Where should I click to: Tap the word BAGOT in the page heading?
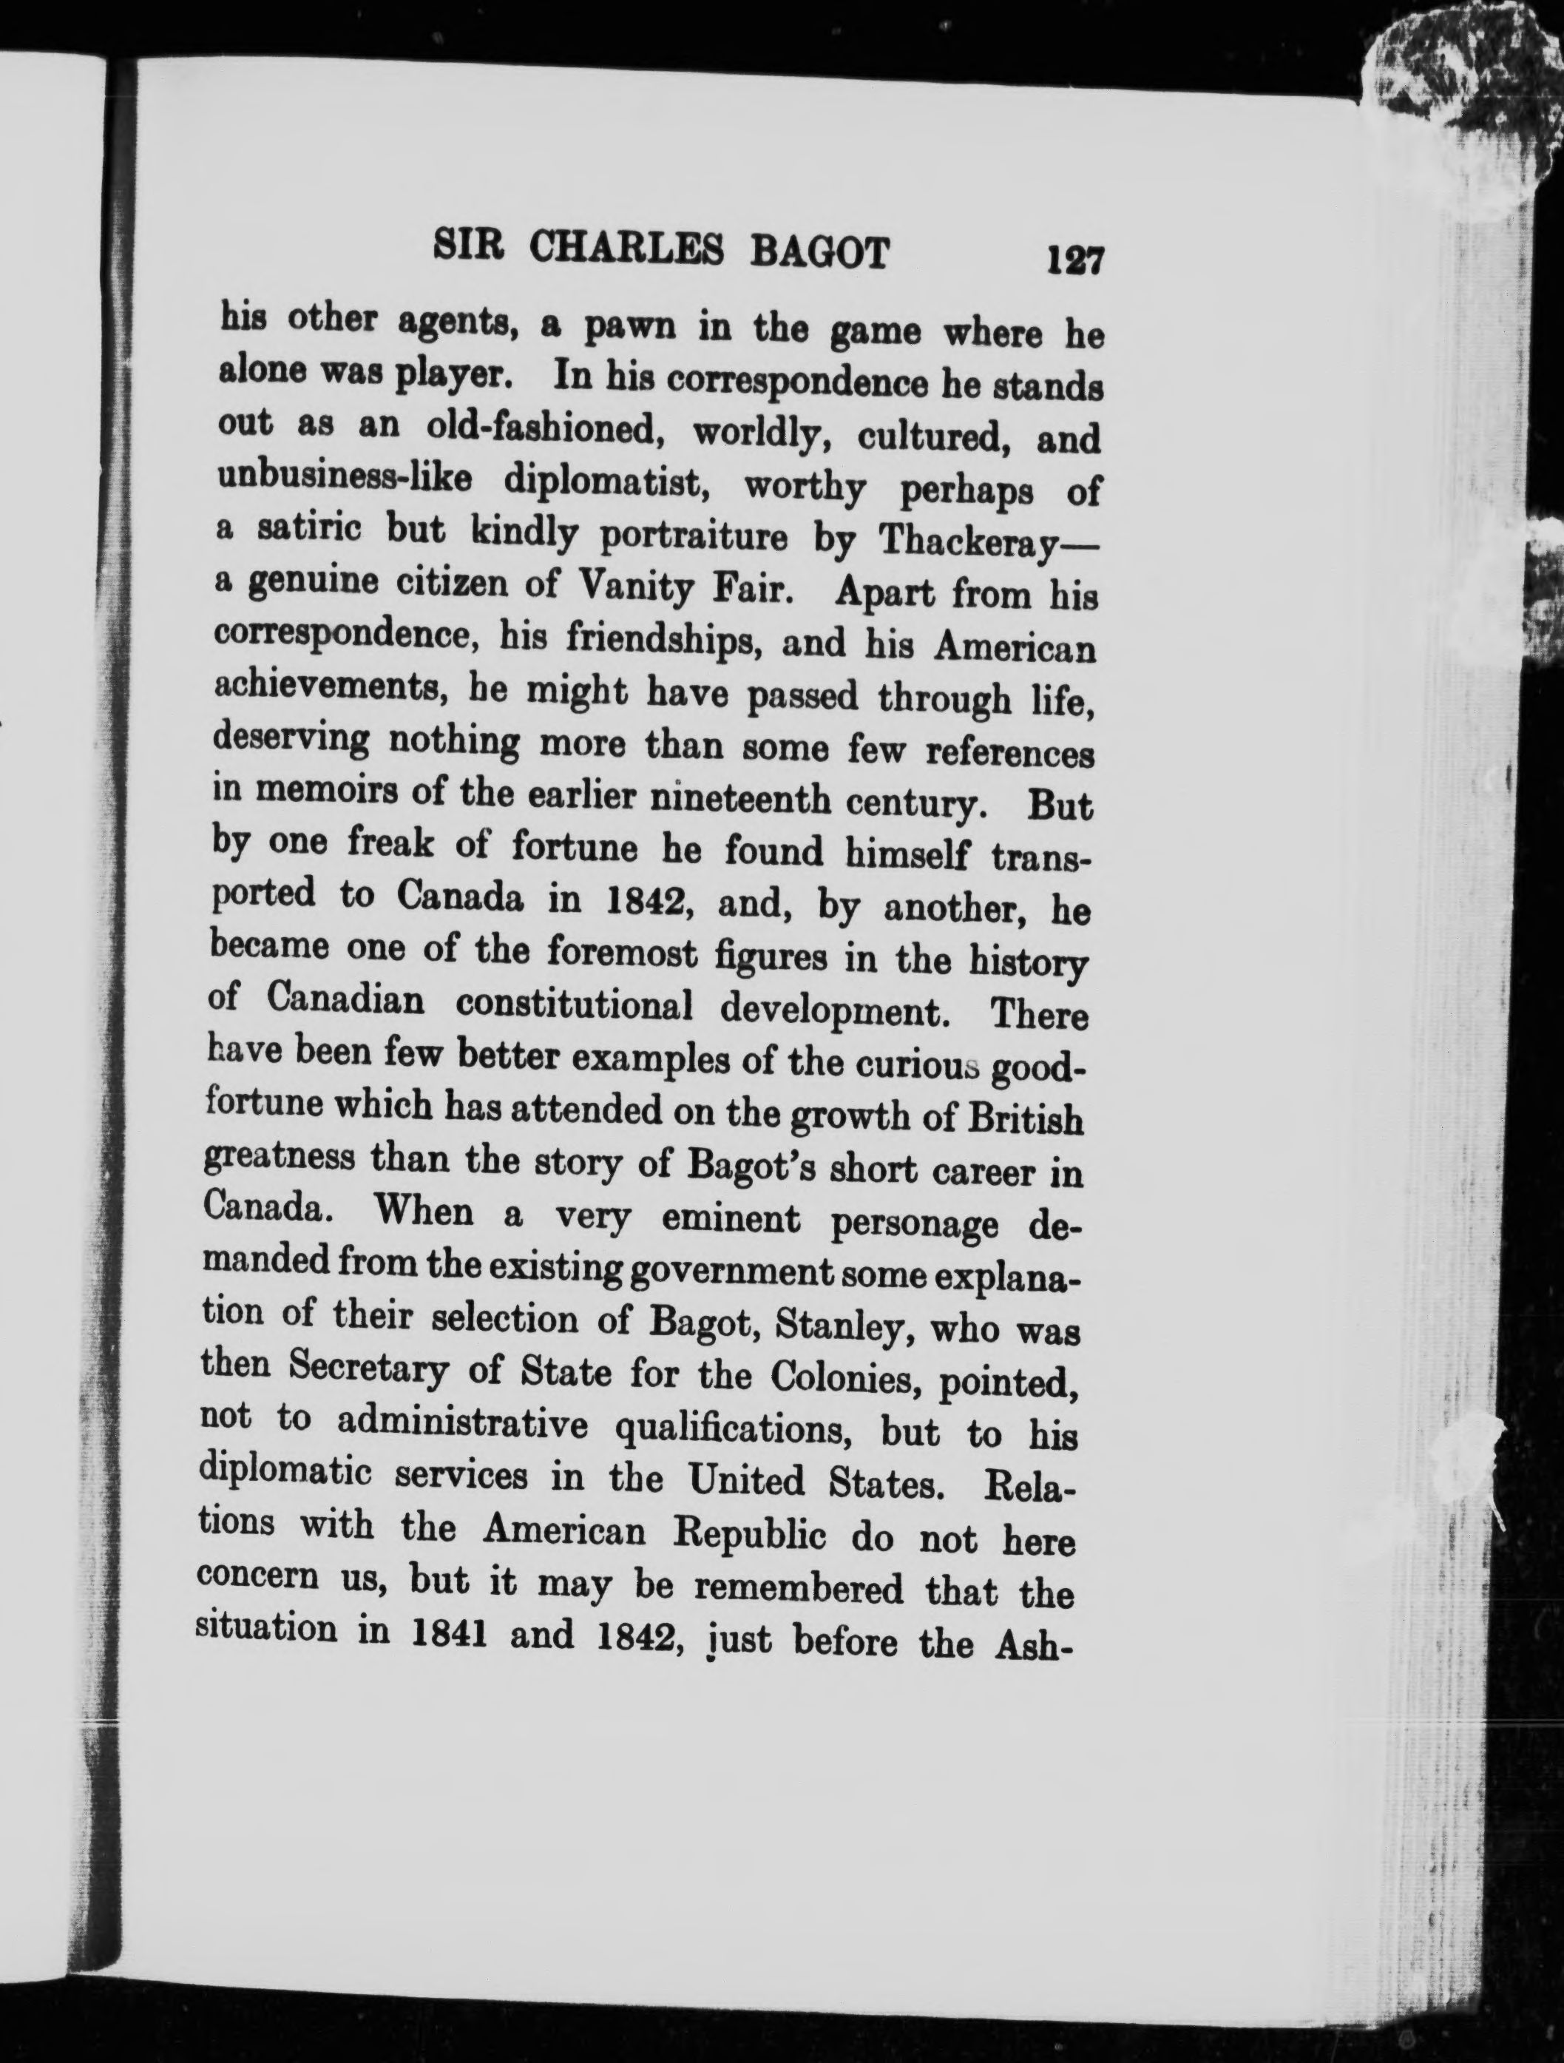point(831,254)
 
